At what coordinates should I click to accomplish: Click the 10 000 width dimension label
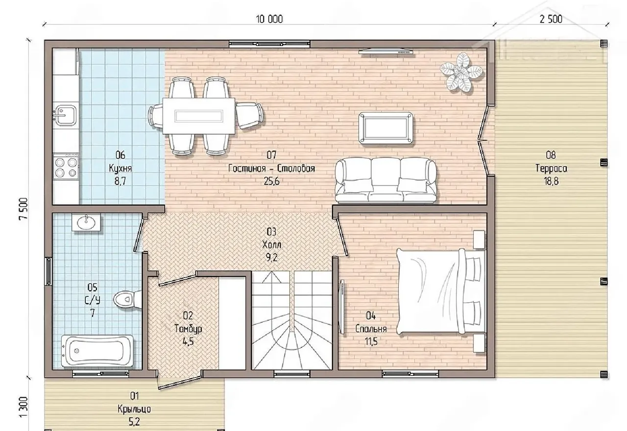(x=269, y=19)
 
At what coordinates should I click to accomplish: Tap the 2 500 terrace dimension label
(x=551, y=19)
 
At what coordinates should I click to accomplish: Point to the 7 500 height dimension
(x=24, y=209)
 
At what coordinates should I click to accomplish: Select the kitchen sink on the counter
(x=66, y=115)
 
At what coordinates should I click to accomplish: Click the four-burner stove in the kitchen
(x=66, y=167)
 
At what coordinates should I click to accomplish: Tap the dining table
(x=199, y=116)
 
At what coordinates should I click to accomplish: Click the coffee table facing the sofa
(x=386, y=128)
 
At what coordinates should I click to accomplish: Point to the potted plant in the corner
(x=461, y=72)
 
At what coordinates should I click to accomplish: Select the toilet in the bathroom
(x=127, y=299)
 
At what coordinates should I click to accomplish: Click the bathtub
(x=97, y=351)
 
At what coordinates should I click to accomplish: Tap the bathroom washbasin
(x=86, y=222)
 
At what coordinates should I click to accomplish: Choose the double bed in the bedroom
(x=441, y=291)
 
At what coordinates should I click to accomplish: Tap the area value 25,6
(x=271, y=181)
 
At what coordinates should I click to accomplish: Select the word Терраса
(x=551, y=168)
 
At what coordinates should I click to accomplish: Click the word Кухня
(x=120, y=168)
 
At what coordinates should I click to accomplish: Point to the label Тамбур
(x=188, y=329)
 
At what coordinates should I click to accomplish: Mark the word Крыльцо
(x=134, y=409)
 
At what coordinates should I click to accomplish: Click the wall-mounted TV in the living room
(x=386, y=51)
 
